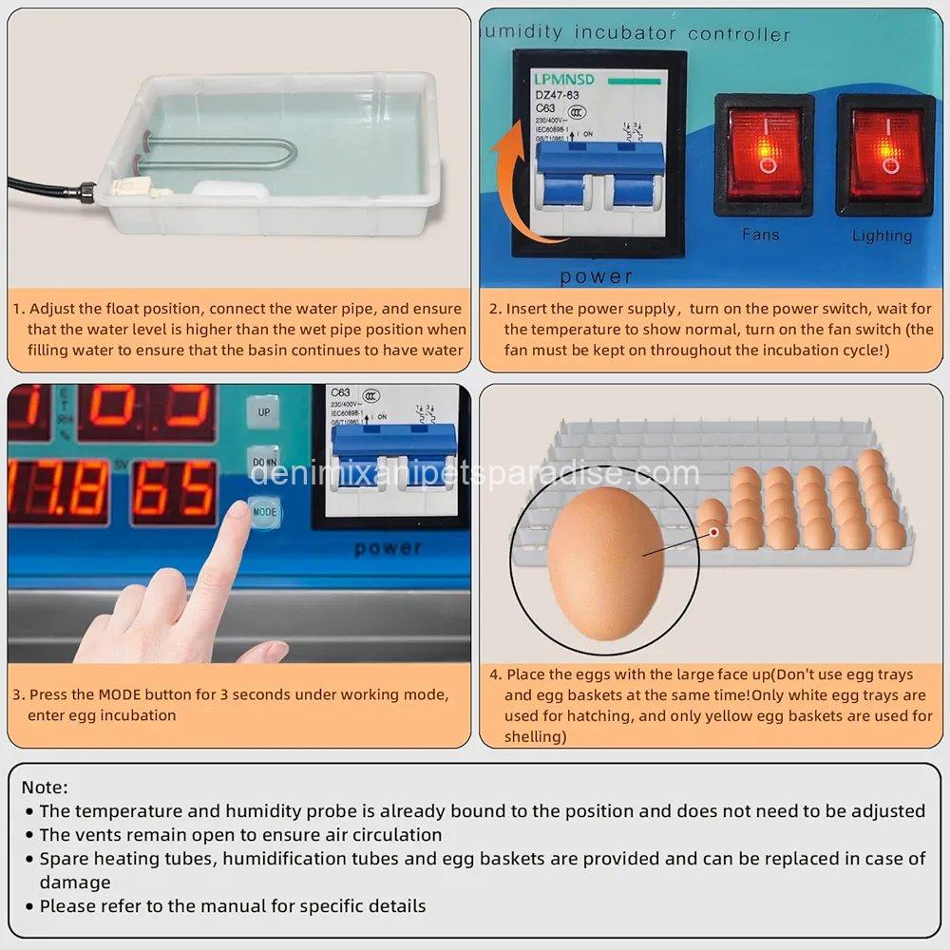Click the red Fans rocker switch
coord(764,154)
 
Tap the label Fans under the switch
coord(761,234)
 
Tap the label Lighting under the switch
coord(882,235)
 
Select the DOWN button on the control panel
coord(264,461)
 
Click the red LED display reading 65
coord(174,491)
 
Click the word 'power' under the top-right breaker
coord(596,276)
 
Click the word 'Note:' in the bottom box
coord(45,788)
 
